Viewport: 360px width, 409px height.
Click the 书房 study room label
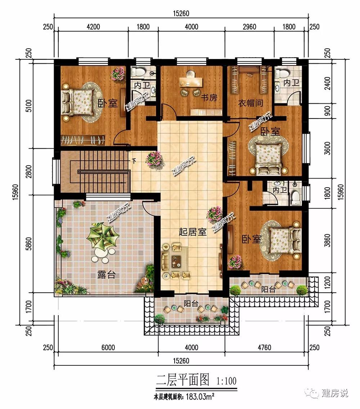click(209, 98)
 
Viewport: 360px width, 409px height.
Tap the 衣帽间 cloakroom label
click(251, 103)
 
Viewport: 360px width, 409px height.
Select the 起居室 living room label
click(193, 232)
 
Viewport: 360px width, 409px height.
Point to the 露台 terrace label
click(106, 274)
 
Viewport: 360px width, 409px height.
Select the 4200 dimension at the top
click(93, 27)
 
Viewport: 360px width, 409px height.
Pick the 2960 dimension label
click(249, 27)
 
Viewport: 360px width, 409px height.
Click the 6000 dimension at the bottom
click(108, 347)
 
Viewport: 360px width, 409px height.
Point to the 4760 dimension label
click(264, 347)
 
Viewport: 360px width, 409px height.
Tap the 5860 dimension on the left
click(29, 244)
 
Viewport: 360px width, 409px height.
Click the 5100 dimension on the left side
click(29, 105)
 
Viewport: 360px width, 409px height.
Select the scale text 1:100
click(226, 381)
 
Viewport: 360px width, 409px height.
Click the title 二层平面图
click(183, 380)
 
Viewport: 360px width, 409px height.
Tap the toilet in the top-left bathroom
click(136, 71)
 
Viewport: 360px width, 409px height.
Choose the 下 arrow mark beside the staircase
click(134, 161)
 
